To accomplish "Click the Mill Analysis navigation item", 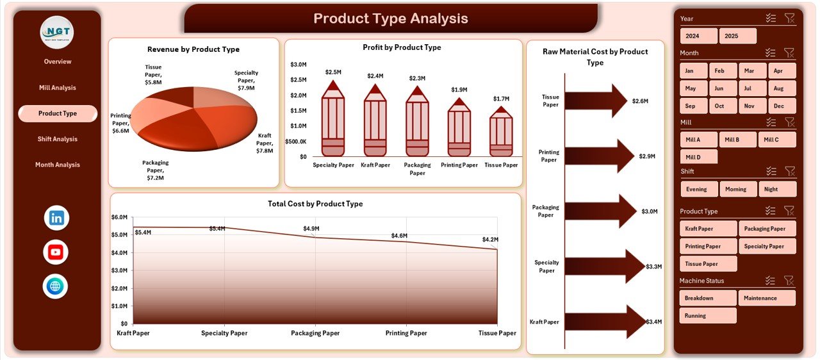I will [x=57, y=88].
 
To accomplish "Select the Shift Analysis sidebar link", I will [x=57, y=139].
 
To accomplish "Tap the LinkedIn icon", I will [x=56, y=218].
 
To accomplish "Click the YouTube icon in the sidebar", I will [x=56, y=252].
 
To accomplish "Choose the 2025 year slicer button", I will [x=737, y=36].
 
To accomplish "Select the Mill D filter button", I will [x=698, y=157].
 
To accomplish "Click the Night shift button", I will [x=777, y=189].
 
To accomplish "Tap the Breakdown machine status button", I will [x=708, y=298].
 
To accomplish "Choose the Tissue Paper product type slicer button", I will [x=708, y=263].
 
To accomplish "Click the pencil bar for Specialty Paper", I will [x=333, y=122].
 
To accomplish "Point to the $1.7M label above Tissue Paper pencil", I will [x=502, y=99].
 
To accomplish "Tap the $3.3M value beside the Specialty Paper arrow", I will [x=654, y=266].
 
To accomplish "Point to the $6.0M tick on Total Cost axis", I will [x=120, y=217].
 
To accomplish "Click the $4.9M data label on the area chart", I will [x=311, y=229].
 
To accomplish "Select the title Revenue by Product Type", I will [x=193, y=49].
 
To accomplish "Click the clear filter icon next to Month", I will [x=789, y=53].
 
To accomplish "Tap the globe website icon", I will [x=56, y=286].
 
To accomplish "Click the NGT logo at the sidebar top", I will [x=56, y=33].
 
